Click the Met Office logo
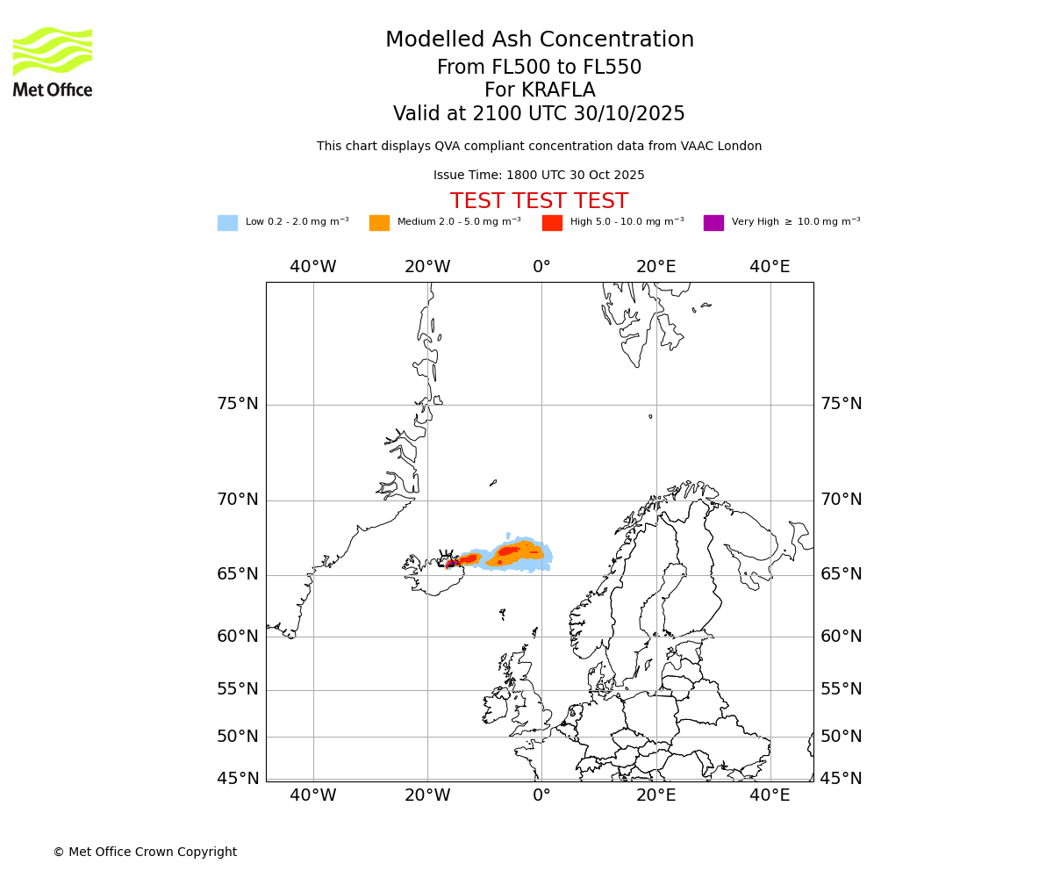click(53, 61)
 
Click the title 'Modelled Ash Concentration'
click(539, 40)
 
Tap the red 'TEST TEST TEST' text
click(539, 202)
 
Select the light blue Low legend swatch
click(227, 223)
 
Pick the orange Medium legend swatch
click(379, 223)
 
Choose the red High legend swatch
click(552, 223)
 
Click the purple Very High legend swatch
click(713, 223)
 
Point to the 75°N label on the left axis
click(238, 404)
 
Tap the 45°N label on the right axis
click(841, 779)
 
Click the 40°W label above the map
click(313, 267)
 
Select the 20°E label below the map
click(655, 795)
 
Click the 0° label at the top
click(541, 267)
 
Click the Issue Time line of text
click(539, 176)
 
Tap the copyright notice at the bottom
click(145, 853)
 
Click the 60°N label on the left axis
click(238, 637)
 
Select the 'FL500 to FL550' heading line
click(539, 68)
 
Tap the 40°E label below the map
click(770, 795)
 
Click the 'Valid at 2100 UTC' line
click(539, 114)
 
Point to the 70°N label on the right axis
click(841, 500)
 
